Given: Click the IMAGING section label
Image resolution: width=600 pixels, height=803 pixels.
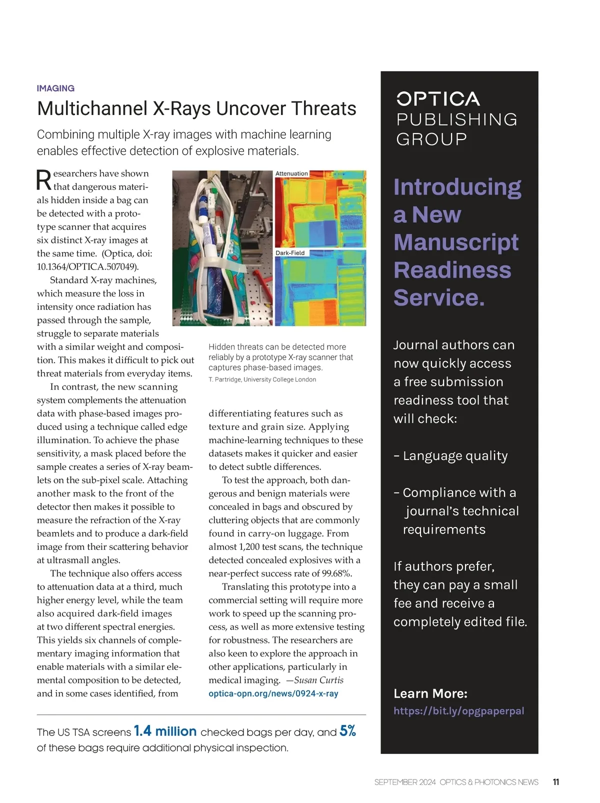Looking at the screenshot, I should point(55,88).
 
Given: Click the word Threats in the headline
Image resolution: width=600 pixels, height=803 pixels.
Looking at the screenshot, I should point(324,108).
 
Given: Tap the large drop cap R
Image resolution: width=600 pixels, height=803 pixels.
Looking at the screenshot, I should point(44,180).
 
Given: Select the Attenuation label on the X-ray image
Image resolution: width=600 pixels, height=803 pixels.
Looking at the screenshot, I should point(291,173).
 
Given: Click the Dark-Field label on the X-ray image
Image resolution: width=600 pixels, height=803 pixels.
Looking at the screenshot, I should point(290,253).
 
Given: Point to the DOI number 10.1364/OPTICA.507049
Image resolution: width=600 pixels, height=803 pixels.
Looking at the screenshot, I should point(87,266).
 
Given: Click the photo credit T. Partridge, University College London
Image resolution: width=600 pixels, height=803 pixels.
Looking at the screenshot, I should point(262,379).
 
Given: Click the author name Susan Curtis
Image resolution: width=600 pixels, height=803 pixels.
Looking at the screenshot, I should point(318,680).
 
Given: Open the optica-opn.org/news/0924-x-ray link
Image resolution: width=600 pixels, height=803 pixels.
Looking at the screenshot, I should point(273,693).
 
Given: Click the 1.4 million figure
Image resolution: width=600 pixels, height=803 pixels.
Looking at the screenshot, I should point(165,731).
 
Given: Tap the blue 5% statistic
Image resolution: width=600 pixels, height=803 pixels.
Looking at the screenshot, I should point(347,731).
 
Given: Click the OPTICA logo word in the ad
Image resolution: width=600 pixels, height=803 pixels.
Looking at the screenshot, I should point(438,99).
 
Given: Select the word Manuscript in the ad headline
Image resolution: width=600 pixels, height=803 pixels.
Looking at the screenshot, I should point(455,242).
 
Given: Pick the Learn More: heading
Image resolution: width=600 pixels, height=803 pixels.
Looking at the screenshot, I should point(430,693).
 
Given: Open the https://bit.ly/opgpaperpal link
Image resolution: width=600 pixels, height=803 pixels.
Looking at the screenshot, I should point(458,711).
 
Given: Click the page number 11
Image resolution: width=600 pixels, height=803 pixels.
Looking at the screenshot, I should point(556,782).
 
